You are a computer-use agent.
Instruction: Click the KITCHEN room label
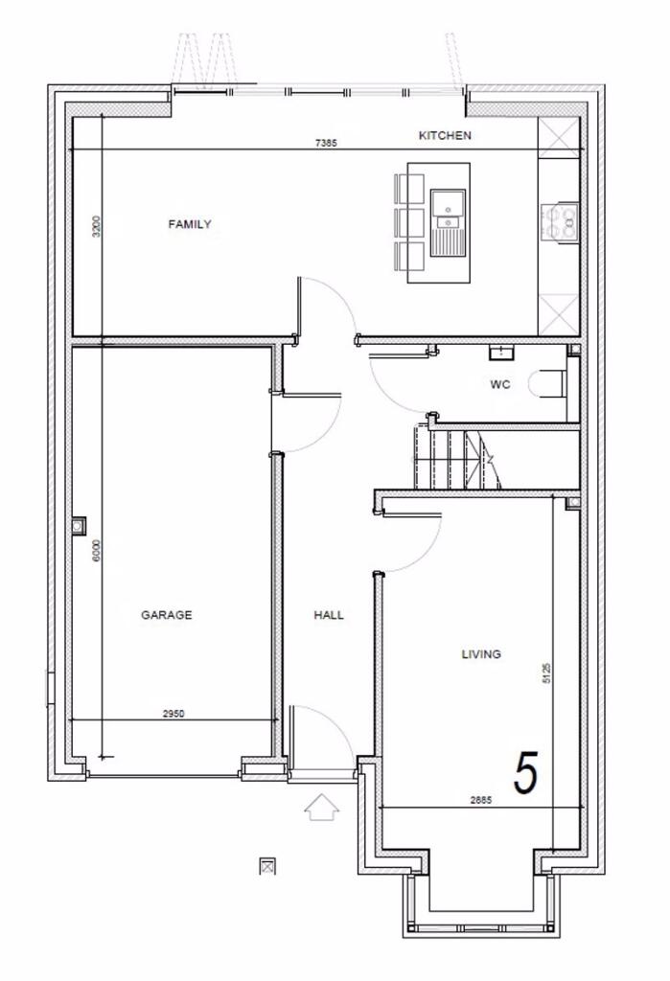[x=445, y=136]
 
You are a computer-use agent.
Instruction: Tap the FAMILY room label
[x=190, y=225]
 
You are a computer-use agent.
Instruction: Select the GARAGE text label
[x=167, y=615]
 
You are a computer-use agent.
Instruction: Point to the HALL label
[x=329, y=615]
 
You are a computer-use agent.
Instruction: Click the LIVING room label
[x=481, y=654]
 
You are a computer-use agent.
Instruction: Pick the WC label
[x=498, y=385]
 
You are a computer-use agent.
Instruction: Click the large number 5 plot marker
[x=526, y=773]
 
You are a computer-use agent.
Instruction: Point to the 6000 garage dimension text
[x=96, y=553]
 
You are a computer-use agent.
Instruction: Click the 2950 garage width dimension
[x=173, y=714]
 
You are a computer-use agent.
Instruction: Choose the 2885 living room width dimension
[x=481, y=800]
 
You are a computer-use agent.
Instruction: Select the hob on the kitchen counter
[x=560, y=222]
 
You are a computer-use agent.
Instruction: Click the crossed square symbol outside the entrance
[x=268, y=866]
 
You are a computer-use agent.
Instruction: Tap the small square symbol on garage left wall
[x=78, y=525]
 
